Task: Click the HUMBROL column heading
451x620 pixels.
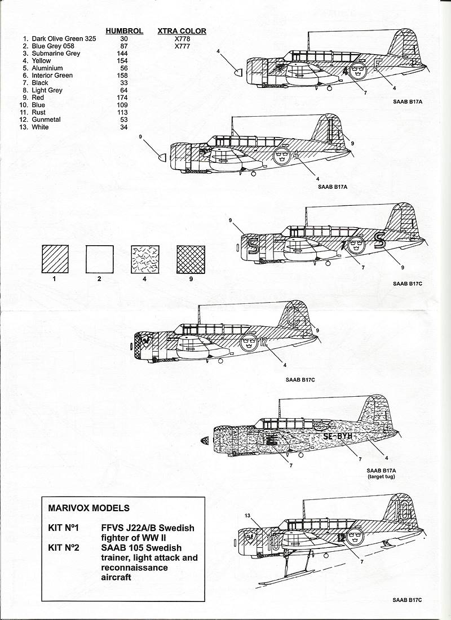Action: coord(124,31)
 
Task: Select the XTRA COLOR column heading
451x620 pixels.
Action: coord(182,31)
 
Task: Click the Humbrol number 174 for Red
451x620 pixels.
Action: coord(124,98)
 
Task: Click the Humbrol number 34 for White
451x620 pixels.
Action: coord(124,127)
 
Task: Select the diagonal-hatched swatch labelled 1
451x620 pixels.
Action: coord(55,259)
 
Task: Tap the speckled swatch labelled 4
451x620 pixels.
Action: coord(145,259)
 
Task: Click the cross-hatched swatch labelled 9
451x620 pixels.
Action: coord(191,259)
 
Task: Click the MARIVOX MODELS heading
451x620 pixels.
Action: coord(89,508)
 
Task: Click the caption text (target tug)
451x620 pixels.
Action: coord(382,477)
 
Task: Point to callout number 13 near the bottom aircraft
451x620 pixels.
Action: coord(248,515)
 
